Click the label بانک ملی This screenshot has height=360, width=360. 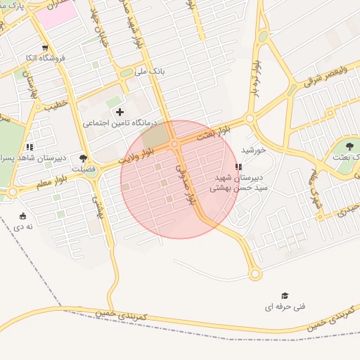pos(153,72)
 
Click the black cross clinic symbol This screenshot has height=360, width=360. pos(120,112)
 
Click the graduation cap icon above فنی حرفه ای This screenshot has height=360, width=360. pos(285,296)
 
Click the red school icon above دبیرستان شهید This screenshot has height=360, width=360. pos(239,167)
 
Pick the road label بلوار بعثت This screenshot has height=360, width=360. pos(213,133)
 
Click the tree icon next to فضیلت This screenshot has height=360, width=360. pos(84,158)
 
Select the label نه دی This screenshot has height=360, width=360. pos(24,227)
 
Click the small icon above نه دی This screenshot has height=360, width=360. pos(24,216)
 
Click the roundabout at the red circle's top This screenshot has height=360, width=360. pos(174,144)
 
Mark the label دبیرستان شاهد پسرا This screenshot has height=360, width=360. pos(30,158)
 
